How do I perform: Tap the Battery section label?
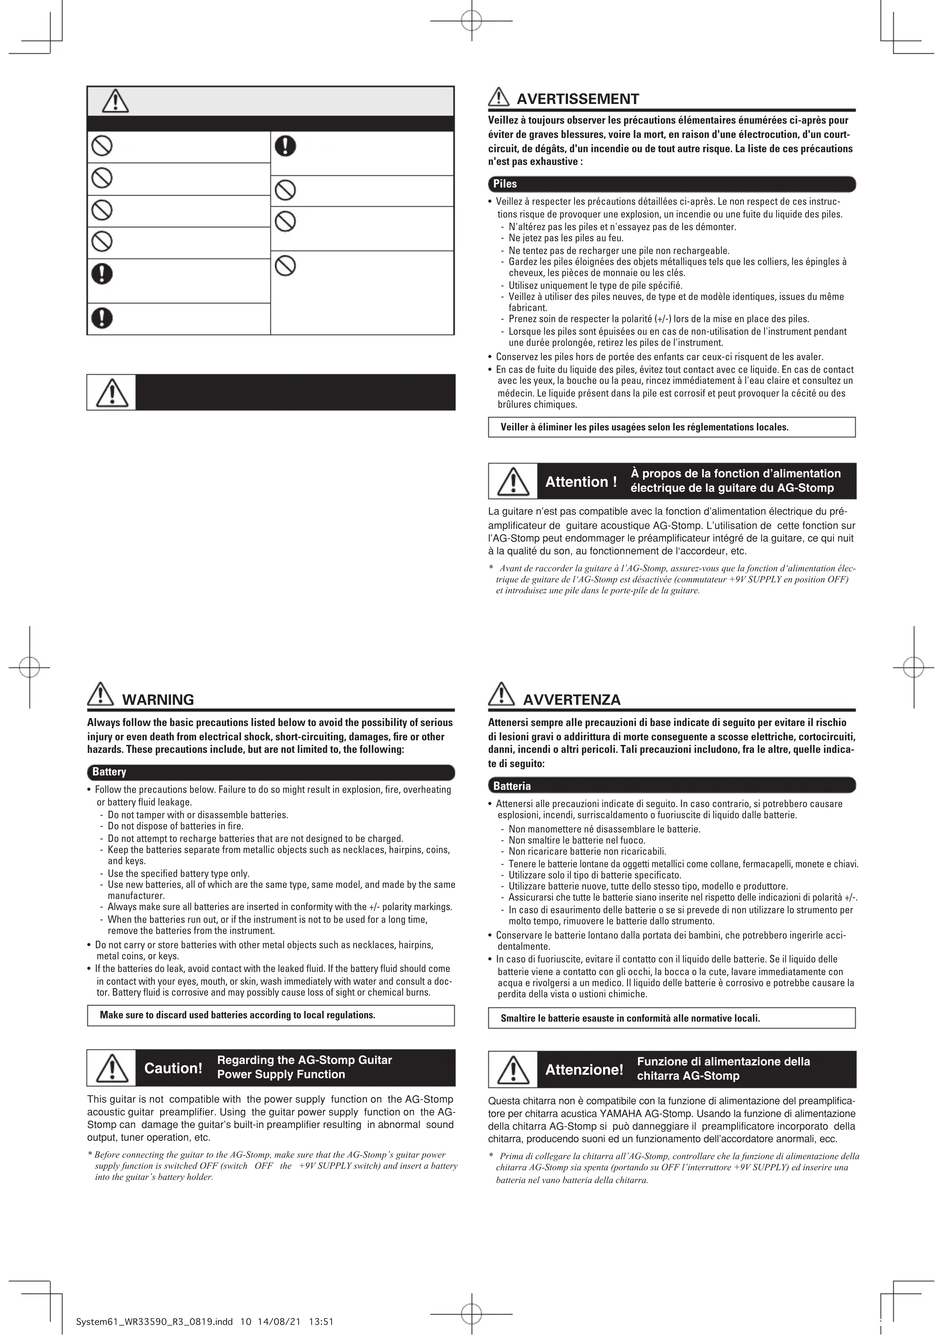coord(109,772)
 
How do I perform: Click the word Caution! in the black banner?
coord(173,1068)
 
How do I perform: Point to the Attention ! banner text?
coord(581,481)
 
